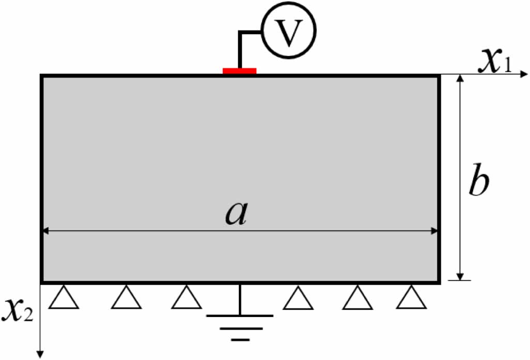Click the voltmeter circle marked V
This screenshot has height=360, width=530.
click(x=289, y=32)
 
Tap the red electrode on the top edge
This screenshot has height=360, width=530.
click(x=239, y=70)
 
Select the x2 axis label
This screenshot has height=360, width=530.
click(x=18, y=309)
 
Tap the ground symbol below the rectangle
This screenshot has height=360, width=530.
click(x=240, y=323)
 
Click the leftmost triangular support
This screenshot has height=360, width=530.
click(x=64, y=299)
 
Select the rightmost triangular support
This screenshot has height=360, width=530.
click(x=412, y=299)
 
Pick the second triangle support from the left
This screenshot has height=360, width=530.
click(x=126, y=299)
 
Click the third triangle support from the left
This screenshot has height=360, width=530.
click(x=187, y=299)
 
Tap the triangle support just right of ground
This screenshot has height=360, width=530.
click(x=298, y=299)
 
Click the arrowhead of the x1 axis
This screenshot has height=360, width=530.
click(x=522, y=74)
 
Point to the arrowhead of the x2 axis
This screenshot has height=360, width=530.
click(x=40, y=353)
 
